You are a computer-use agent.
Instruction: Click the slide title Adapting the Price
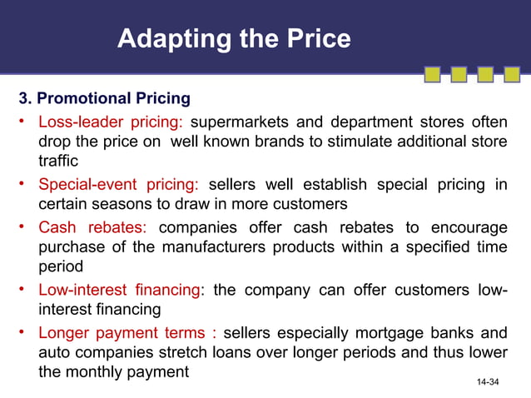(234, 38)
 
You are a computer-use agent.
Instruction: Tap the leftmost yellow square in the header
(432, 75)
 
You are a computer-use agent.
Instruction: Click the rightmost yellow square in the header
(511, 75)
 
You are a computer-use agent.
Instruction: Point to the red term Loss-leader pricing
(111, 122)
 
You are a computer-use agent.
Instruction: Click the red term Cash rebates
(92, 228)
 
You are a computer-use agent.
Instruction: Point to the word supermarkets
(242, 122)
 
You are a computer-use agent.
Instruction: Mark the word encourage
(468, 228)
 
